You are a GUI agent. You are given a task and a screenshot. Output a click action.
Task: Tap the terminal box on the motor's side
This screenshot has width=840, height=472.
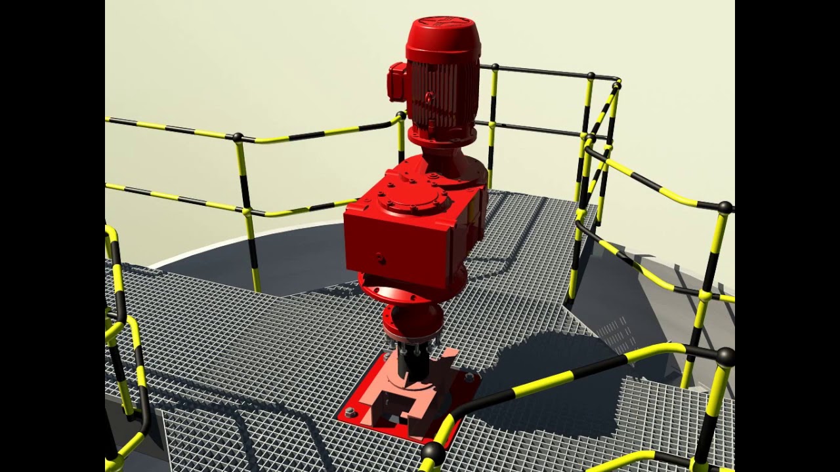(x=396, y=82)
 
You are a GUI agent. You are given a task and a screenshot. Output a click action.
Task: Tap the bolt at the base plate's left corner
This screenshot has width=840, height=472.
(x=350, y=412)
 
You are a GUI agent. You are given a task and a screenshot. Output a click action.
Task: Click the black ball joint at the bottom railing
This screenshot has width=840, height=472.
(x=432, y=452)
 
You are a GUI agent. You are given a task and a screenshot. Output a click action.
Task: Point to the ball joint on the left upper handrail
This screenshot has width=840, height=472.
(x=238, y=137)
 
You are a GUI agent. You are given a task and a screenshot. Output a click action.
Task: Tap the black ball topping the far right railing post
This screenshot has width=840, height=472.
(x=724, y=208)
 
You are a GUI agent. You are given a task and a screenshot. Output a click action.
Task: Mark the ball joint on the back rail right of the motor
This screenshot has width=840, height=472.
(x=495, y=67)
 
